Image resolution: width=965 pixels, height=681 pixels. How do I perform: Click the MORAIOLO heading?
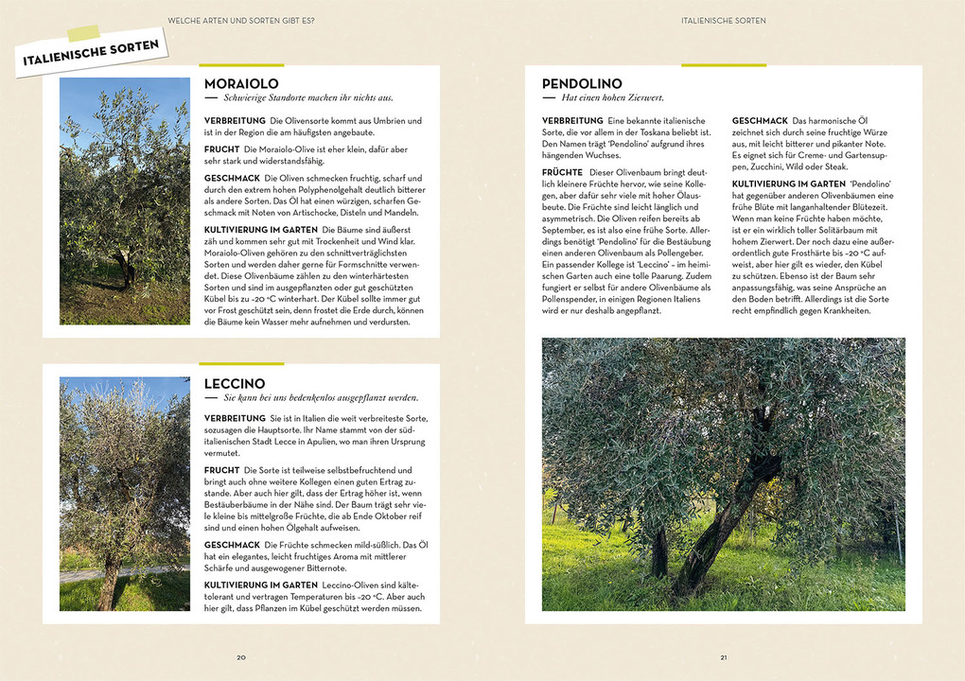(x=241, y=84)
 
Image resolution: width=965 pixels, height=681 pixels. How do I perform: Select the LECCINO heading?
(x=235, y=383)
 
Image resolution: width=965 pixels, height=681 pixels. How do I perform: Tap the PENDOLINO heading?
(x=582, y=84)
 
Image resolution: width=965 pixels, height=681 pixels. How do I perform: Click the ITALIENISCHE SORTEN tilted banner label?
(x=92, y=51)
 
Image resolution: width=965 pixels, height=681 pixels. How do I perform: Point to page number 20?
(x=241, y=657)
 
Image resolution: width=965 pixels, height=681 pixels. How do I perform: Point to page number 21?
(x=723, y=657)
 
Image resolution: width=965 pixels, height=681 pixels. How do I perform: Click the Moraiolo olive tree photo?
(x=125, y=201)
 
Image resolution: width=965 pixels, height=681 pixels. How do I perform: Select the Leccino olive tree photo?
(x=125, y=494)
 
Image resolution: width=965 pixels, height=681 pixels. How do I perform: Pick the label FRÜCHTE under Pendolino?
(x=563, y=172)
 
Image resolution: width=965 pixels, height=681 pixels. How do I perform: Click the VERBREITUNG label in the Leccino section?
(x=235, y=418)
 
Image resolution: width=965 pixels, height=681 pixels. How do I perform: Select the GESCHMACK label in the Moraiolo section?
(x=232, y=178)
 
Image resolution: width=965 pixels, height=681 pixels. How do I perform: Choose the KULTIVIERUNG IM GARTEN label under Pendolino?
(x=788, y=183)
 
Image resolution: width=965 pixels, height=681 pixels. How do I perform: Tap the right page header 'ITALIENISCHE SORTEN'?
(x=723, y=20)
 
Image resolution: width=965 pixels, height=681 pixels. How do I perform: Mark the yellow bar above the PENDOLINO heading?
(x=724, y=65)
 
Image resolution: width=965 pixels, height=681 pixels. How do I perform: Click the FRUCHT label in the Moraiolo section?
(x=221, y=149)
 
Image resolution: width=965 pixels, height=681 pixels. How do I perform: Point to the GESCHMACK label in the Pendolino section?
(x=760, y=121)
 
